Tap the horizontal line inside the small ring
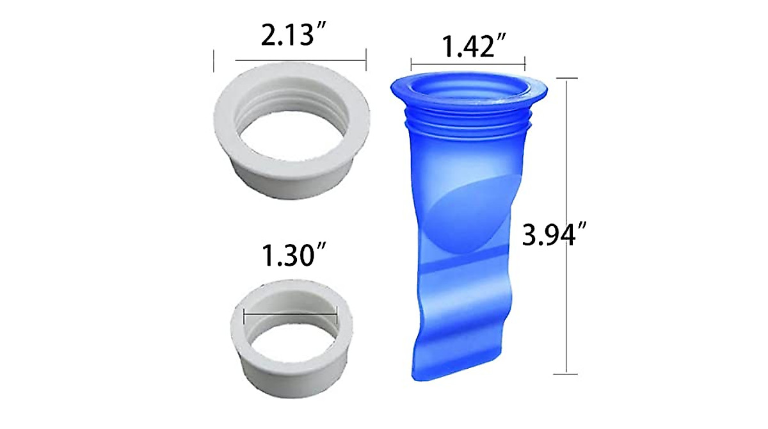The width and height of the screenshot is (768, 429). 291,313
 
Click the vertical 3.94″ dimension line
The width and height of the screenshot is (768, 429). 566,224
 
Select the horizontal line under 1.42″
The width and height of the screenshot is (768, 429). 467,63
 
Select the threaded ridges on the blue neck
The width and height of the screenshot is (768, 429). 469,122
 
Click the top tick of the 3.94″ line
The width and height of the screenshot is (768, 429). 566,78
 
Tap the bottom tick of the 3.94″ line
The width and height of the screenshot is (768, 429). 566,373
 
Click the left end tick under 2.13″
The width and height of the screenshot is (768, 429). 214,61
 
